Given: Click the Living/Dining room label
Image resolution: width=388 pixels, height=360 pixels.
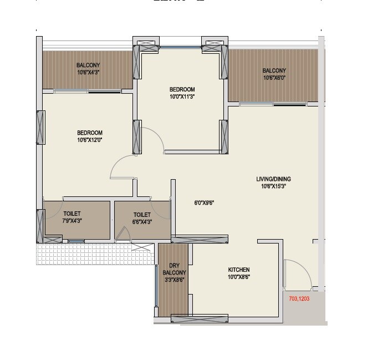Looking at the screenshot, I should pos(273,179).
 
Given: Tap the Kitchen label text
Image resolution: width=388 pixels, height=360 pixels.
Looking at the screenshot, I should pos(238,270).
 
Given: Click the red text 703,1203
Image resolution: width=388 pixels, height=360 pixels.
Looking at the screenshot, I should pos(299,298).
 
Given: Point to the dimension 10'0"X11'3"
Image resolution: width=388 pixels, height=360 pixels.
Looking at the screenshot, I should pos(182,97).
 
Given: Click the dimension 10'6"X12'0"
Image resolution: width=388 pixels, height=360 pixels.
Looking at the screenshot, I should pos(90,140).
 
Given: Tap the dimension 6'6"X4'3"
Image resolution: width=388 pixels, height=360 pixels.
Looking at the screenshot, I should pos(142,221).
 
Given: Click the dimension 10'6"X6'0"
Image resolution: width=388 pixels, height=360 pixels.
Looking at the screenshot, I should pos(274,78).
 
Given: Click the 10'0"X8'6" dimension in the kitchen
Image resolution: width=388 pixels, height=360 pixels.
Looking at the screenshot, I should pos(238,277).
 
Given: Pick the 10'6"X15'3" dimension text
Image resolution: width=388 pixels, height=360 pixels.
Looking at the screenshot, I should pos(273,186).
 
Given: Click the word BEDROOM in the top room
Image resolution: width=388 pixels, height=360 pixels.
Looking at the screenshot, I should pos(182,89).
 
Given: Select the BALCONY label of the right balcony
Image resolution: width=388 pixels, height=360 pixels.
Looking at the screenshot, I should pos(274,70).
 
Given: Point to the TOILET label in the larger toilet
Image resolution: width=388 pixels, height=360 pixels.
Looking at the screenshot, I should pos(72,214).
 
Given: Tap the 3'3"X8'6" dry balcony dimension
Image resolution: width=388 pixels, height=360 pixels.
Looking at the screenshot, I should pos(173,281).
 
